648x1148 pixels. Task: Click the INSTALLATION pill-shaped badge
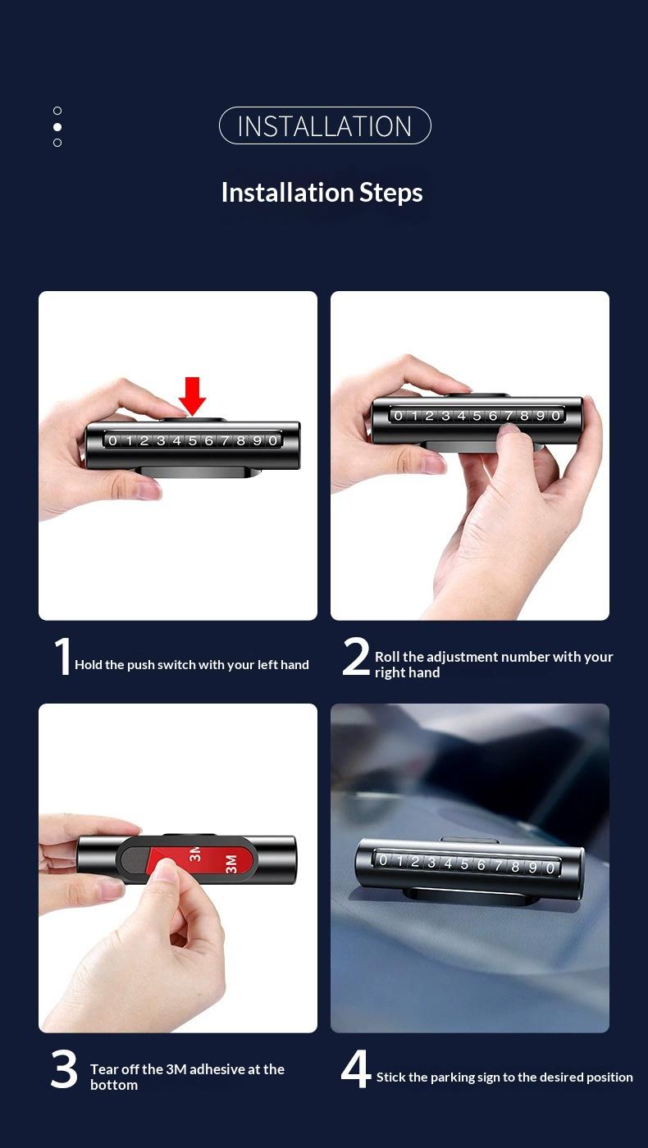325,126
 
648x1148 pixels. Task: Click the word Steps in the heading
390,193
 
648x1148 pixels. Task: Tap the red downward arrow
193,396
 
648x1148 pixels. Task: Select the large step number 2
356,657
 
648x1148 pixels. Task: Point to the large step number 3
64,1070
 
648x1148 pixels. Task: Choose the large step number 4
356,1070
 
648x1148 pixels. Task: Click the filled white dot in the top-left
57,127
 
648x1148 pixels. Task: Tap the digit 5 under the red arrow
193,441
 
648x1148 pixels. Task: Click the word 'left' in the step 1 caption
267,665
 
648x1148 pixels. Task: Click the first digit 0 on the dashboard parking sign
383,860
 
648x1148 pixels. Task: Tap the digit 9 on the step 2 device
540,416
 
